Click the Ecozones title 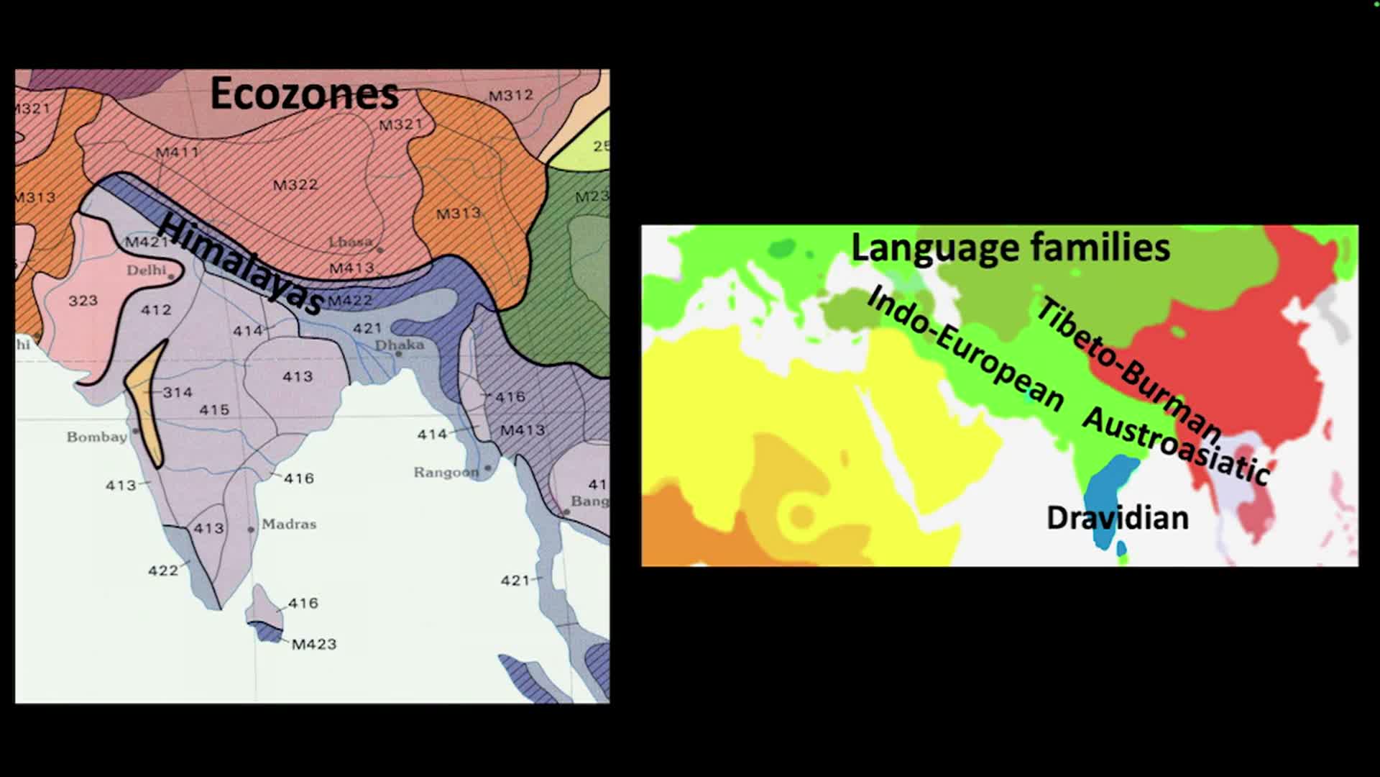(x=304, y=94)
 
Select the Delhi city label (x=147, y=271)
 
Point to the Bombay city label (x=96, y=437)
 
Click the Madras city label (x=289, y=524)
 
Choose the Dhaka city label (x=400, y=345)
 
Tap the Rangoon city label (x=446, y=472)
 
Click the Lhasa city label (x=351, y=242)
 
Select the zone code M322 (x=295, y=185)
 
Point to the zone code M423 (x=314, y=644)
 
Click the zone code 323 (x=83, y=301)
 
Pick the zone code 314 (x=178, y=392)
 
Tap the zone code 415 (x=214, y=409)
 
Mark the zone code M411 (x=178, y=152)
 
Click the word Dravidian (x=1117, y=518)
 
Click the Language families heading (x=1010, y=247)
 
